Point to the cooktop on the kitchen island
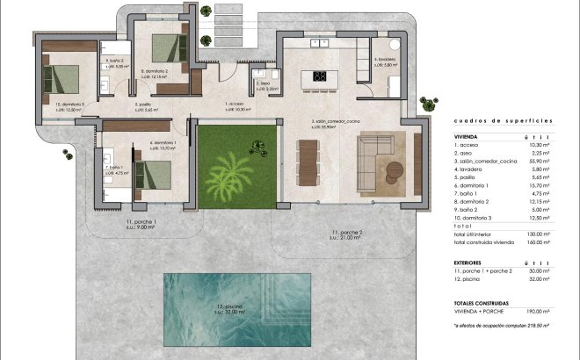pos(318,76)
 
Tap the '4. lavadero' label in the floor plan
pos(384,61)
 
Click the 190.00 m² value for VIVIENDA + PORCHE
pos(538,311)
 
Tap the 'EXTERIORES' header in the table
pos(472,262)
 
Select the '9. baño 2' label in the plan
pos(115,61)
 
